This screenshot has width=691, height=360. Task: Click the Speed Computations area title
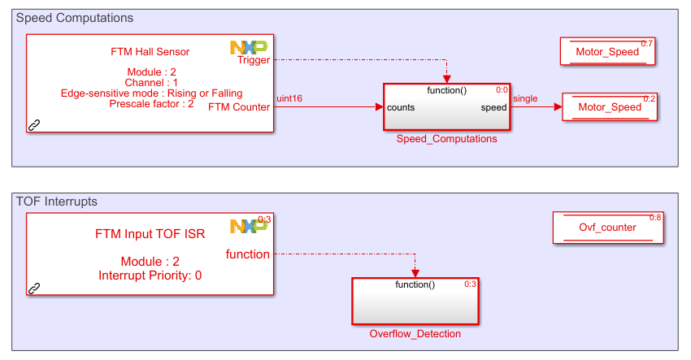75,18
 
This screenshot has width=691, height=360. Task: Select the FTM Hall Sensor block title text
150,52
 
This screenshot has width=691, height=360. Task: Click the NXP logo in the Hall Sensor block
248,48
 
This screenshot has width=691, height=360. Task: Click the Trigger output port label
254,60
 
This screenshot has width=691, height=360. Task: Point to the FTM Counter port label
239,106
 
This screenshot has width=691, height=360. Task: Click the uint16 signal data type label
289,99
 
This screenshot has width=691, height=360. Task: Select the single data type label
525,99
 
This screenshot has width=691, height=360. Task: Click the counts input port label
402,107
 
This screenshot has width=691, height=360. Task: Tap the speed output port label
493,107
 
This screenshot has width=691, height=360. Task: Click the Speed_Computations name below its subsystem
446,139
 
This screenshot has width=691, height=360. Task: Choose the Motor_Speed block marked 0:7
607,52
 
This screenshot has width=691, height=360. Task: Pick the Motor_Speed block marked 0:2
609,107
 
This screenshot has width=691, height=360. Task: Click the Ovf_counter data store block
607,228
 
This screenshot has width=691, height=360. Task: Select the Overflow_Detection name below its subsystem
415,334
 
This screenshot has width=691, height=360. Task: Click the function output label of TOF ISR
247,254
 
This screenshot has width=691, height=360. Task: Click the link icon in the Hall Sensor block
34,125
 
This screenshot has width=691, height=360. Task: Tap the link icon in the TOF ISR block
34,288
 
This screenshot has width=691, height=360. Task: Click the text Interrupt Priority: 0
150,275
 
